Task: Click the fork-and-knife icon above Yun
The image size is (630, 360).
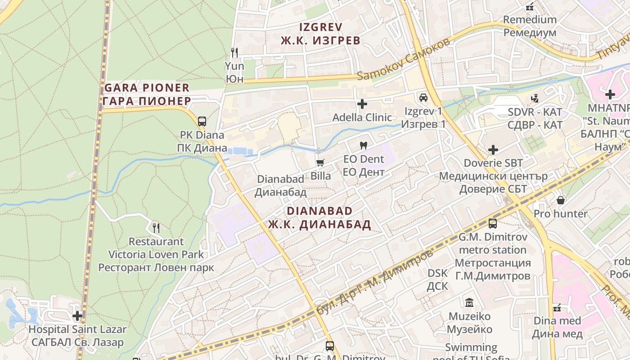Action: coord(234,52)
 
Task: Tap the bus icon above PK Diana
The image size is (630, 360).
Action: coord(202,121)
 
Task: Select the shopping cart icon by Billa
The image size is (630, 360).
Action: coord(320,162)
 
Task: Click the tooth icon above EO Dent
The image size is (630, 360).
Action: coord(364,145)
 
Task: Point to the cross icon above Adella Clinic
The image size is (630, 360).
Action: coord(362,104)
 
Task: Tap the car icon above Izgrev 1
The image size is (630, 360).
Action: coord(423,97)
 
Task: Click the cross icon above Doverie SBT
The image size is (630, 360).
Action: coord(493,149)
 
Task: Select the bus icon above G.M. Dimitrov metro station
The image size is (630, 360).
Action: coord(493,223)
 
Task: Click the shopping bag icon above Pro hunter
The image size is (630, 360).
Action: coord(561,200)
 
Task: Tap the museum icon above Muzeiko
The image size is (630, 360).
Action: coord(469,302)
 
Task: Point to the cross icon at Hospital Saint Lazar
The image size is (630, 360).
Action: coord(77,316)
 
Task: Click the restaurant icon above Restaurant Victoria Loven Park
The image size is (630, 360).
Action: coord(156,228)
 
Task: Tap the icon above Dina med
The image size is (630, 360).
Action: coord(557,308)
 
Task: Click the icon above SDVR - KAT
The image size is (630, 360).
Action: coord(535,98)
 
